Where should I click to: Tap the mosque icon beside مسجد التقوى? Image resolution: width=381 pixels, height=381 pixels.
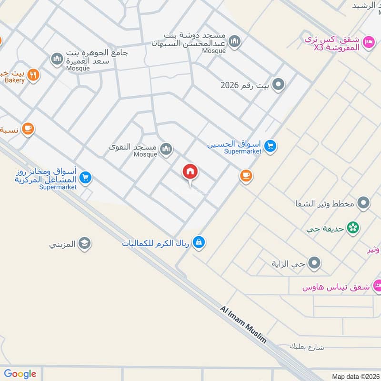(x=166, y=150)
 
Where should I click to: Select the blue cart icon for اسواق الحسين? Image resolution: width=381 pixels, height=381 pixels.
(x=271, y=147)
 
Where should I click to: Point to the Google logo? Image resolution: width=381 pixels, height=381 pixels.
(x=20, y=374)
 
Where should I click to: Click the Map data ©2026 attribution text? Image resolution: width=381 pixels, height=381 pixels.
(x=355, y=376)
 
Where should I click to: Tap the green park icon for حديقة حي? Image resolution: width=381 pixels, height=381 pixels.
(x=353, y=228)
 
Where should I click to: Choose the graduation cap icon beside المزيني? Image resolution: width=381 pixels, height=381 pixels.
(x=85, y=244)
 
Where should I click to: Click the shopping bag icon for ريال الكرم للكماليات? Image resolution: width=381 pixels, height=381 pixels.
(x=199, y=242)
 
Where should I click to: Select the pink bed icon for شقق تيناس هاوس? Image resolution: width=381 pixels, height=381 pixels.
(x=377, y=286)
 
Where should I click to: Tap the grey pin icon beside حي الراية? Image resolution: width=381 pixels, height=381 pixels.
(x=314, y=262)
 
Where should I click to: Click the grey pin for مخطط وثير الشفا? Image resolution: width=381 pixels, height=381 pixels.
(x=364, y=203)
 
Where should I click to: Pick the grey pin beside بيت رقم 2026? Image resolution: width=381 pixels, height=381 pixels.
(x=279, y=85)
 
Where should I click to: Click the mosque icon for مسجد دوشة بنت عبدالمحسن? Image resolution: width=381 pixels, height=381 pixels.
(x=234, y=42)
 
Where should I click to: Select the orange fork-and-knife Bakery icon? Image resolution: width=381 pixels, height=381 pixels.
(x=33, y=75)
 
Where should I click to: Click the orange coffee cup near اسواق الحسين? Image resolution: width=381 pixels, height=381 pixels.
(x=246, y=176)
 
